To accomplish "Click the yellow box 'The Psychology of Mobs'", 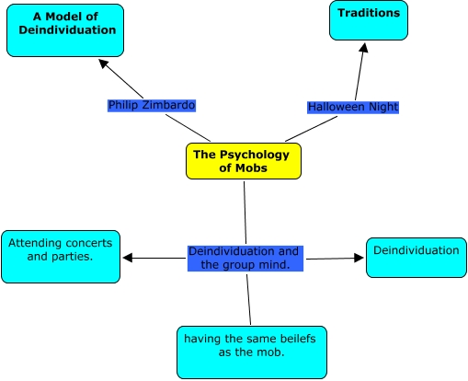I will [243, 161].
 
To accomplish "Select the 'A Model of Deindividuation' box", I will [67, 29].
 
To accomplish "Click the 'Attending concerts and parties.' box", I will [61, 256].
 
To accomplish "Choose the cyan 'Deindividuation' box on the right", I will [416, 257].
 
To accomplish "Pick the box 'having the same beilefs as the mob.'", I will [250, 352].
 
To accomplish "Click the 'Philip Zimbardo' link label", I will [152, 105].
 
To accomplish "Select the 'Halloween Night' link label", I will [352, 107].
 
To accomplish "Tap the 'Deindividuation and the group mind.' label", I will [245, 258].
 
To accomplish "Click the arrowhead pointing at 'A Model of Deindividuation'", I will [104, 63].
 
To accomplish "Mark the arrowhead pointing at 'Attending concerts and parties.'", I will [128, 258].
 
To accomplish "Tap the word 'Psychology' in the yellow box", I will [254, 154].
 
